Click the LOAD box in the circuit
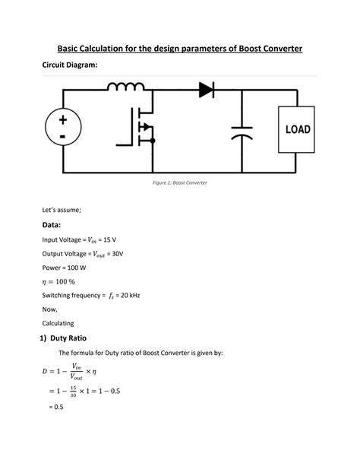[x=297, y=129]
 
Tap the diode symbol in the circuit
[x=207, y=90]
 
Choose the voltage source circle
[x=62, y=129]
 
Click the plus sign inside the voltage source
[x=62, y=121]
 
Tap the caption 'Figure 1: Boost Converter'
[x=179, y=184]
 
